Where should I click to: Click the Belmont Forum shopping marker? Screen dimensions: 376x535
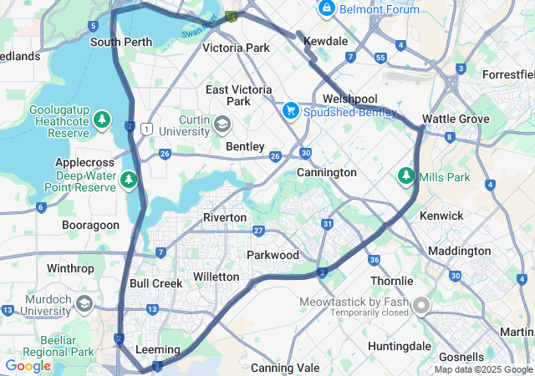326,9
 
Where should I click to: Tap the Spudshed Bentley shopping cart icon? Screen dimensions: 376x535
291,109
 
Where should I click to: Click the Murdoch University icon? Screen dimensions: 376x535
84,302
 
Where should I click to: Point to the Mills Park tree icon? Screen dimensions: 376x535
406,177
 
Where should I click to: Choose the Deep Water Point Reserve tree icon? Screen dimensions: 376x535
128,179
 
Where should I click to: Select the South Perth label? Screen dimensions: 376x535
121,42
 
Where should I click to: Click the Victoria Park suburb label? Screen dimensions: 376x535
236,48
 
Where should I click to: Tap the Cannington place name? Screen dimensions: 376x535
326,172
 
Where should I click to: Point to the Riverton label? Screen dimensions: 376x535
225,217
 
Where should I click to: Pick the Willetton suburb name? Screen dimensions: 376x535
216,277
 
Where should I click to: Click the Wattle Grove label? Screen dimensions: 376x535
455,119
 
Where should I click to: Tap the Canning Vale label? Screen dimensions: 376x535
285,368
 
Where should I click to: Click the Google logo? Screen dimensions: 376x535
28,366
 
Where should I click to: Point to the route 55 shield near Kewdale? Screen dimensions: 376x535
380,58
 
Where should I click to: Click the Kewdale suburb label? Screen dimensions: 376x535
325,40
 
